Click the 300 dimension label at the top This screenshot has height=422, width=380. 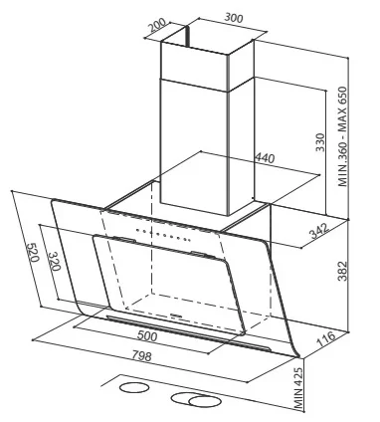[x=234, y=17]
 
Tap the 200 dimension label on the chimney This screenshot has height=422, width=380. [x=157, y=25]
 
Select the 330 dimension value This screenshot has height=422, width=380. [x=320, y=142]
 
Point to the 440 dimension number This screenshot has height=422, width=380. [x=265, y=158]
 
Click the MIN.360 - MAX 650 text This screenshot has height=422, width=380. [x=342, y=136]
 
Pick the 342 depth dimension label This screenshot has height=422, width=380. [x=319, y=231]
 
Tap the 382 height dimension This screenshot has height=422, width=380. [x=342, y=271]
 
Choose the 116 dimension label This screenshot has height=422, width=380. [x=326, y=338]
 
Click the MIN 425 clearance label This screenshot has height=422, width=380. [x=298, y=388]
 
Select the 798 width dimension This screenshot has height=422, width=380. [x=141, y=355]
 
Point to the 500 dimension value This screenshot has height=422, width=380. [x=147, y=336]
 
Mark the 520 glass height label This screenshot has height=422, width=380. [x=33, y=252]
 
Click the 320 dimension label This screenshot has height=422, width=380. [x=54, y=261]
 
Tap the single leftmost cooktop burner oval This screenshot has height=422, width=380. [x=134, y=387]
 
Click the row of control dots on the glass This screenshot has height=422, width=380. [x=162, y=234]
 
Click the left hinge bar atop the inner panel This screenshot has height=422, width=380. [x=124, y=239]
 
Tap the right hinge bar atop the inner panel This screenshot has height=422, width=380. [x=201, y=255]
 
